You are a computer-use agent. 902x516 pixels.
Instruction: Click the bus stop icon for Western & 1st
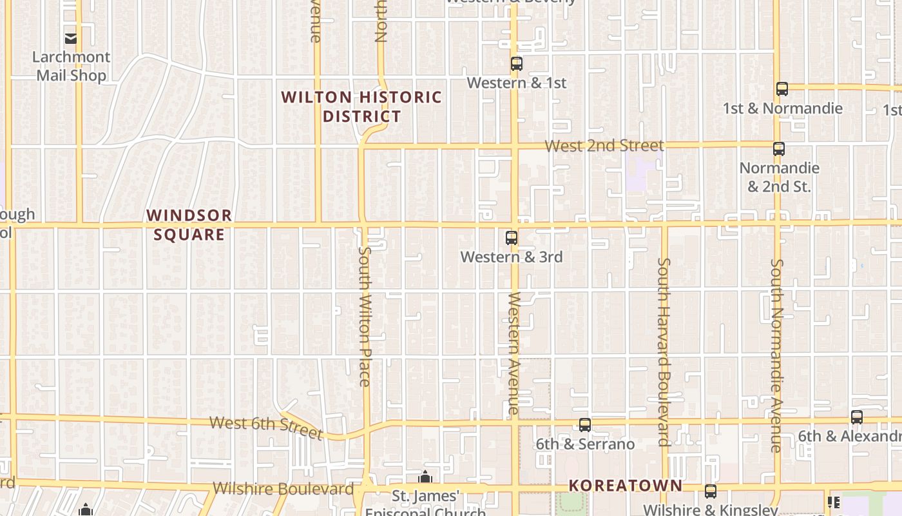click(516, 64)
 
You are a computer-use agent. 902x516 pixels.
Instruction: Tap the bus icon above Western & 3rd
click(512, 238)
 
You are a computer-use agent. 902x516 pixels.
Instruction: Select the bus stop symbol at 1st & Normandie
click(782, 89)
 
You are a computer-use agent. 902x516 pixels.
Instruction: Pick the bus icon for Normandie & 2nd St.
click(779, 149)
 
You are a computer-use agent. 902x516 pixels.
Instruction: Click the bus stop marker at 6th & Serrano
click(585, 425)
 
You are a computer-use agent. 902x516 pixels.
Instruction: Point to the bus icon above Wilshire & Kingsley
click(711, 491)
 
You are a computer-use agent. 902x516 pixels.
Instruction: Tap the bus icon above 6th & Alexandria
click(856, 417)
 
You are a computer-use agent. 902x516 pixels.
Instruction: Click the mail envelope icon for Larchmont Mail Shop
click(71, 38)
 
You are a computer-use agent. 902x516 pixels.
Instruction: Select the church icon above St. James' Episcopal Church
click(425, 478)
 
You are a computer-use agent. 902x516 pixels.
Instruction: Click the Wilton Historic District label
click(362, 107)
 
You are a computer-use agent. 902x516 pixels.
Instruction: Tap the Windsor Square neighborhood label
click(189, 224)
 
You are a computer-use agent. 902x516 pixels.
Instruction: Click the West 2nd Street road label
click(604, 146)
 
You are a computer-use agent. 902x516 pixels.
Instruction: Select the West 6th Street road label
click(266, 427)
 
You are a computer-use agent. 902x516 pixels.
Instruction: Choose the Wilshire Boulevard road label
click(283, 488)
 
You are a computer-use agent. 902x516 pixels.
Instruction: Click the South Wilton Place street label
click(365, 316)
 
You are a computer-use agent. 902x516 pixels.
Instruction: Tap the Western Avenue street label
click(513, 353)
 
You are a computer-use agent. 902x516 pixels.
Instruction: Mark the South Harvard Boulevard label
click(664, 352)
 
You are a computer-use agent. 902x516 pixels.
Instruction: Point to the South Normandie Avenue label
click(777, 355)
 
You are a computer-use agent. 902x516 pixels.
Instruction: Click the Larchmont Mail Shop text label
click(71, 66)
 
